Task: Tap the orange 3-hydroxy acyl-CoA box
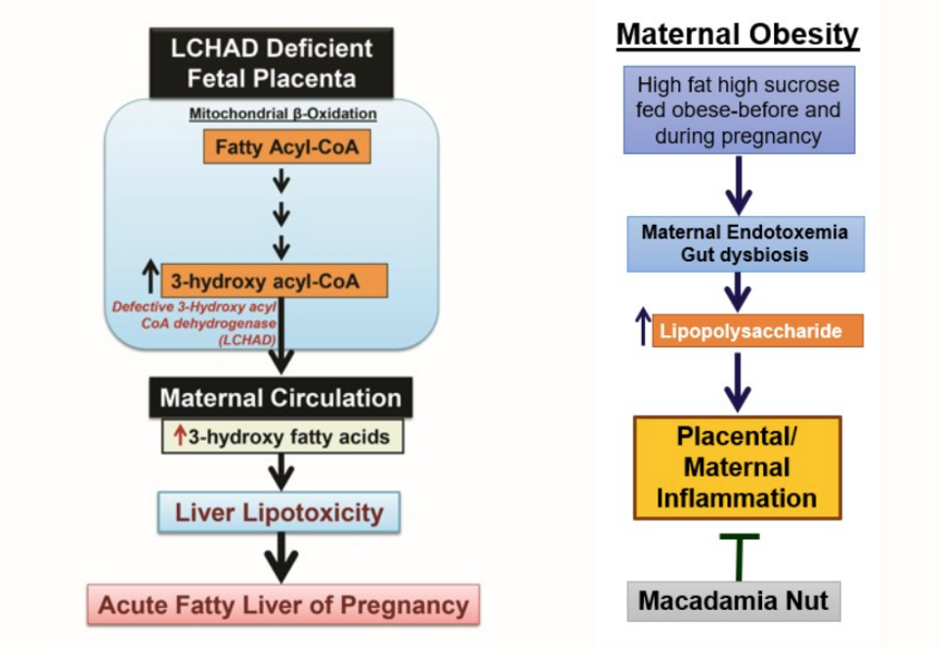(x=275, y=281)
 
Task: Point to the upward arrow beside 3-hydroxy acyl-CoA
(x=149, y=279)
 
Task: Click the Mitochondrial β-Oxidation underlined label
(x=282, y=113)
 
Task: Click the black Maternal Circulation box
(x=280, y=398)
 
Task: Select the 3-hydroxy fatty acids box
(x=282, y=436)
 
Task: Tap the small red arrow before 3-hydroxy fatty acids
(x=180, y=436)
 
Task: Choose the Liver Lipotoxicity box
(x=280, y=511)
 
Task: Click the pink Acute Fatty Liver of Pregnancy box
(x=283, y=605)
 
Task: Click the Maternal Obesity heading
(x=738, y=35)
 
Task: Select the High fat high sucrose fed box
(x=739, y=109)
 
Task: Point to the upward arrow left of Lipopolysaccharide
(x=642, y=330)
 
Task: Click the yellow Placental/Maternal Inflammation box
(x=738, y=467)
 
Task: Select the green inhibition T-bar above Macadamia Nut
(x=740, y=554)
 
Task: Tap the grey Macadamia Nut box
(x=734, y=600)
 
